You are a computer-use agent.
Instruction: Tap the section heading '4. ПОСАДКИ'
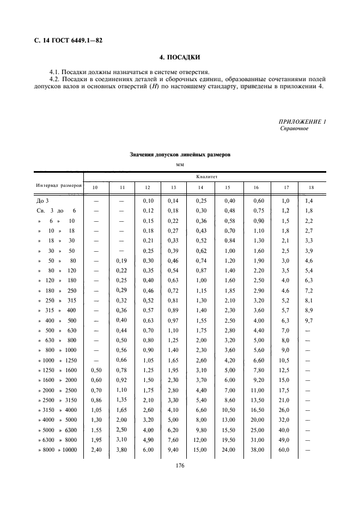[x=179, y=57]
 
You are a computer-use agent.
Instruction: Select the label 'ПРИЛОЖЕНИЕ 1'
[x=302, y=122]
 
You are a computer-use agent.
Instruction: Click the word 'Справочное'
[x=295, y=129]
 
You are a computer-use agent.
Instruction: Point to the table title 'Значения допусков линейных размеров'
[x=180, y=155]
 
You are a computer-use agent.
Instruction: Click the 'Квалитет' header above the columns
[x=204, y=176]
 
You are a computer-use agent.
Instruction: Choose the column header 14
[x=199, y=188]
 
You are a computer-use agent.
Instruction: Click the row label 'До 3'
[x=43, y=201]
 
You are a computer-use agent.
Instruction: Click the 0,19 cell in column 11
[x=122, y=260]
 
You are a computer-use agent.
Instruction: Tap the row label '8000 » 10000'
[x=57, y=450]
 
